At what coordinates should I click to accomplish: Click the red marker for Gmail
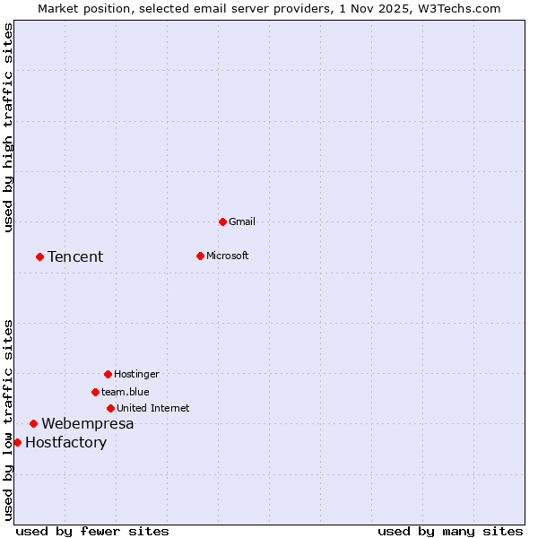coord(222,221)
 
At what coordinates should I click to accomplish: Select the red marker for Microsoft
coord(200,256)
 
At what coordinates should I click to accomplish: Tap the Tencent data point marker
coord(39,256)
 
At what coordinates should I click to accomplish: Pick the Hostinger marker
coord(108,374)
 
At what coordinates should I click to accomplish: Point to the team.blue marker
coord(95,392)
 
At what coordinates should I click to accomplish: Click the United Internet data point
coord(110,408)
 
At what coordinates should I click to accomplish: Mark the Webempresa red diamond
coord(33,423)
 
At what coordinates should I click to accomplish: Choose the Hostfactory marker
coord(17,442)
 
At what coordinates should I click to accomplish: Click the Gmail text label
coord(242,221)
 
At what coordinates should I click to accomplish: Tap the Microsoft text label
coord(228,256)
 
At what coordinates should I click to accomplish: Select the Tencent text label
coord(75,256)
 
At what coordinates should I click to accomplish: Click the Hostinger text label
coord(136,374)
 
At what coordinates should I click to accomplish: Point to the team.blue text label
coord(126,392)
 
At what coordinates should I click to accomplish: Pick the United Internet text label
coord(153,408)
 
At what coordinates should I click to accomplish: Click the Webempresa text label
coord(88,423)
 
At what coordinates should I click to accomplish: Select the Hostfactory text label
coord(65,442)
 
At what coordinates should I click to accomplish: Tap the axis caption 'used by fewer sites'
coord(92,531)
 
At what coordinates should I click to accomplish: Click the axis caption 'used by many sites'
coord(450,531)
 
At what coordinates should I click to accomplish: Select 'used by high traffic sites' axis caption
coord(8,127)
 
